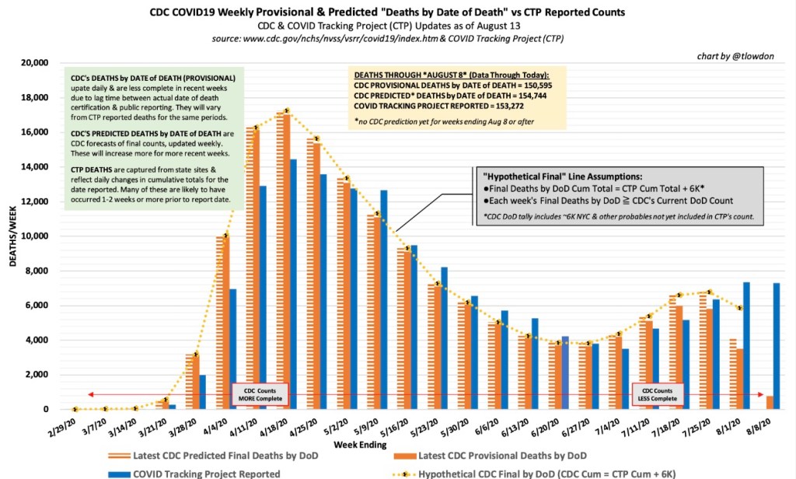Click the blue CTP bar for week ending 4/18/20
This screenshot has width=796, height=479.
click(293, 285)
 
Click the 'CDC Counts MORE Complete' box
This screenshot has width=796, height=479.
click(260, 395)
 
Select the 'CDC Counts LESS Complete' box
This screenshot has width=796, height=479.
click(656, 395)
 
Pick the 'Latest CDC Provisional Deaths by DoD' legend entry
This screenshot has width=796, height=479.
click(502, 454)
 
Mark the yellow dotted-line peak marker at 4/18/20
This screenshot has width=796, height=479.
click(287, 110)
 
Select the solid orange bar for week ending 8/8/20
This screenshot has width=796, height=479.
click(770, 403)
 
